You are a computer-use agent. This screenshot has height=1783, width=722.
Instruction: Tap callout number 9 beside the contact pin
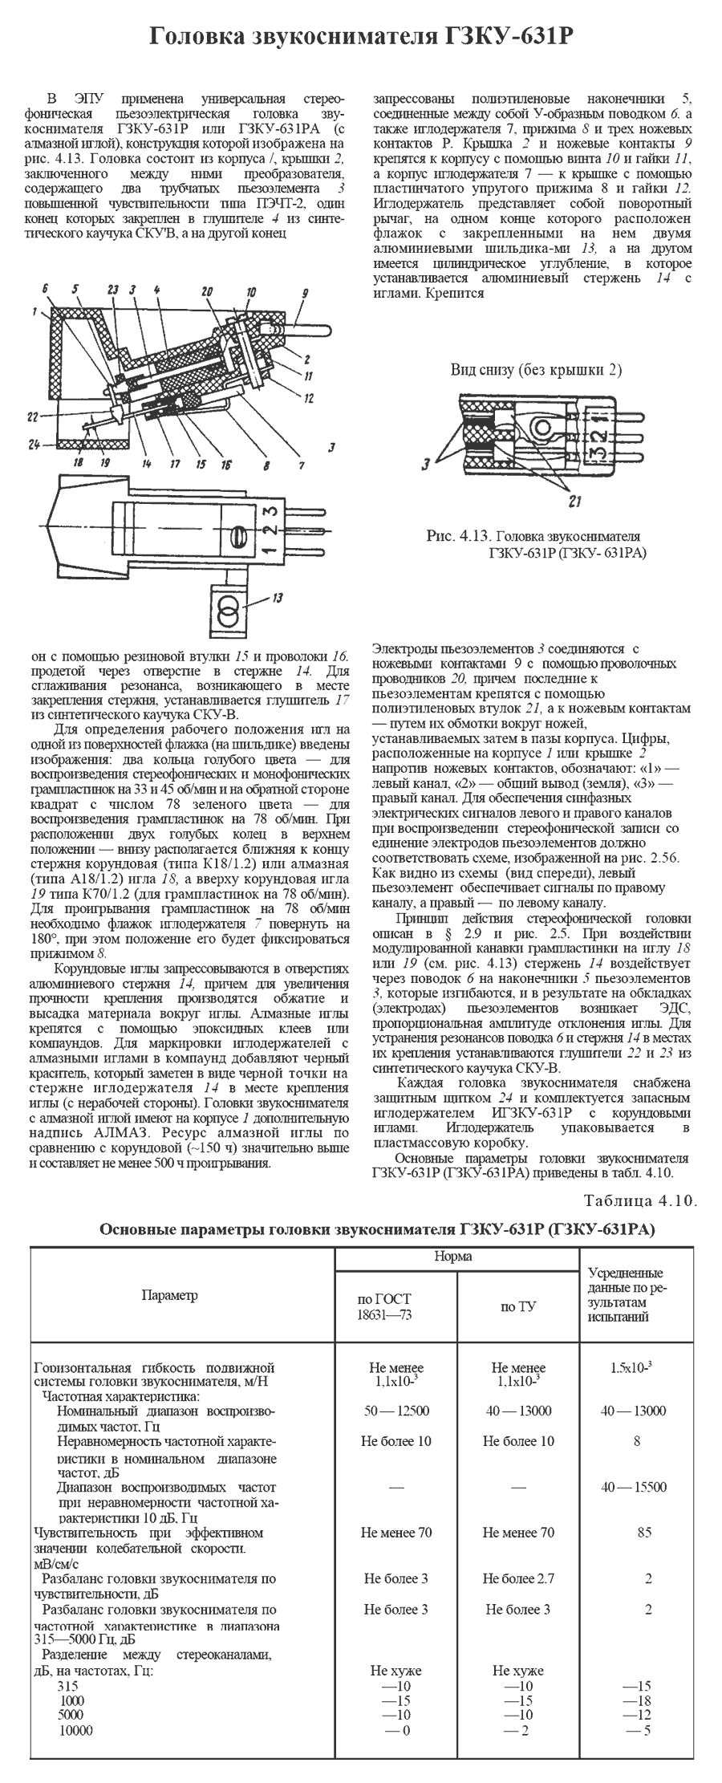(305, 294)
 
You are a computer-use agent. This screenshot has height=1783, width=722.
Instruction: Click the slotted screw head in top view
(237, 534)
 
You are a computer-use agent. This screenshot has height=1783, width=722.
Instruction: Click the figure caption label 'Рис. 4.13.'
(460, 536)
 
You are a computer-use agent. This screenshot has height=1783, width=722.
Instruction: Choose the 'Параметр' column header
(168, 1295)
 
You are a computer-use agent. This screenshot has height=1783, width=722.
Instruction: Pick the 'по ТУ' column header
(517, 1307)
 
